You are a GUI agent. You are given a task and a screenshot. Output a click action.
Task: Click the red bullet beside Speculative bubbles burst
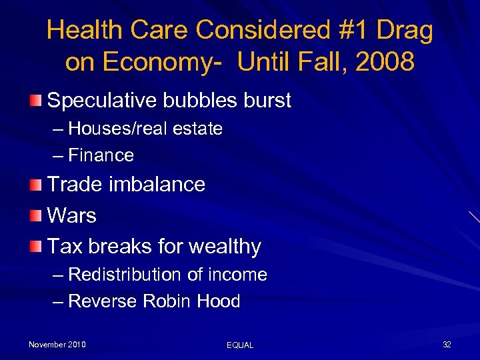click(x=36, y=101)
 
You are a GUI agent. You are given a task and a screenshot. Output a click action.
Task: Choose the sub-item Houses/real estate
click(x=145, y=129)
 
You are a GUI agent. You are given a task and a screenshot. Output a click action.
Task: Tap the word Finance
click(x=101, y=155)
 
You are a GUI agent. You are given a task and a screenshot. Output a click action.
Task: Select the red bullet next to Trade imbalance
click(x=36, y=184)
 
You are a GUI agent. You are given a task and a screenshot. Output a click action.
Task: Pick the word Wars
click(x=72, y=215)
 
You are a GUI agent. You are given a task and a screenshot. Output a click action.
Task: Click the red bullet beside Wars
click(x=36, y=215)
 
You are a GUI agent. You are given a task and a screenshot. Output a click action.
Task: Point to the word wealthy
click(x=225, y=247)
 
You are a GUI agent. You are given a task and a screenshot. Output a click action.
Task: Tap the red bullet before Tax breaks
click(x=36, y=247)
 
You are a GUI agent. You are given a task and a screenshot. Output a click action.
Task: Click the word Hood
click(x=219, y=301)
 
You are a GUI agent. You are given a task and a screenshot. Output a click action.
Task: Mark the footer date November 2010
click(x=57, y=345)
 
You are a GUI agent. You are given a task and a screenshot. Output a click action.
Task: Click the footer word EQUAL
click(x=240, y=345)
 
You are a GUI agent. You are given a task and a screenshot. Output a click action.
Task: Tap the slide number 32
click(x=447, y=345)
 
